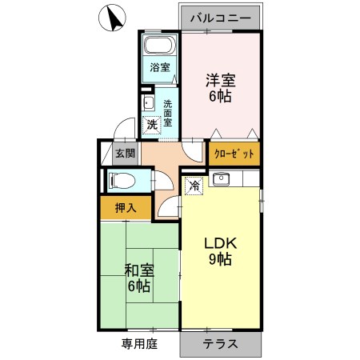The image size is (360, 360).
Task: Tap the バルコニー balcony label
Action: pyautogui.click(x=220, y=16)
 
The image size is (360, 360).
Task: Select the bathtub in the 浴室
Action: pyautogui.click(x=160, y=46)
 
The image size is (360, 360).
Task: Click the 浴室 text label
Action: pyautogui.click(x=160, y=67)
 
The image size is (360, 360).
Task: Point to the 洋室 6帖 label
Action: pyautogui.click(x=222, y=87)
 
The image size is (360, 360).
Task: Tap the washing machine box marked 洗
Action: pyautogui.click(x=151, y=126)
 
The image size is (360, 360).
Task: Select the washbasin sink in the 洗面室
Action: pyautogui.click(x=149, y=104)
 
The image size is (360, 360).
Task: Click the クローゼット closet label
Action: pyautogui.click(x=234, y=153)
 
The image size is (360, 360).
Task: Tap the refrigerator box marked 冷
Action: pyautogui.click(x=193, y=186)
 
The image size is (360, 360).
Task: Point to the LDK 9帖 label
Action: pyautogui.click(x=221, y=250)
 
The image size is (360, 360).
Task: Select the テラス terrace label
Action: pyautogui.click(x=220, y=345)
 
